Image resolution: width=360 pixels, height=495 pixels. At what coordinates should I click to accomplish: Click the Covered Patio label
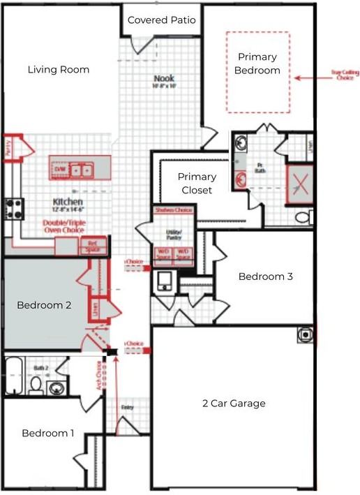click(161, 20)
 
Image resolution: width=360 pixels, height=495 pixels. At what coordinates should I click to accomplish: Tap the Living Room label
click(59, 69)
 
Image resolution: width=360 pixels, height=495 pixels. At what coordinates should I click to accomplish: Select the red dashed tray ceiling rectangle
click(257, 72)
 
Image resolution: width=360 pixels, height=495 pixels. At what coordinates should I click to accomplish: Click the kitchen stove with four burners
click(15, 207)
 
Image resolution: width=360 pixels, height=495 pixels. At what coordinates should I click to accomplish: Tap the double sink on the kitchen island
click(82, 169)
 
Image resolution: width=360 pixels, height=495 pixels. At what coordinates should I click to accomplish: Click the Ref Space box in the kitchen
click(92, 245)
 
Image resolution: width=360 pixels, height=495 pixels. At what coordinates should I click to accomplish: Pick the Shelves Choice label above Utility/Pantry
click(172, 210)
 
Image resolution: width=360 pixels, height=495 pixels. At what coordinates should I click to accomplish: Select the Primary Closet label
click(197, 183)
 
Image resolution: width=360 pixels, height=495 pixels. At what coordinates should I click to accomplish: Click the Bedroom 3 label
click(265, 276)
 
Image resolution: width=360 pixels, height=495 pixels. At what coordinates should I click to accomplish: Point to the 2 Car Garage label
click(234, 403)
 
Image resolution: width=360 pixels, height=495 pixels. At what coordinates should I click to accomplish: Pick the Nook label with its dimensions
click(165, 82)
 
